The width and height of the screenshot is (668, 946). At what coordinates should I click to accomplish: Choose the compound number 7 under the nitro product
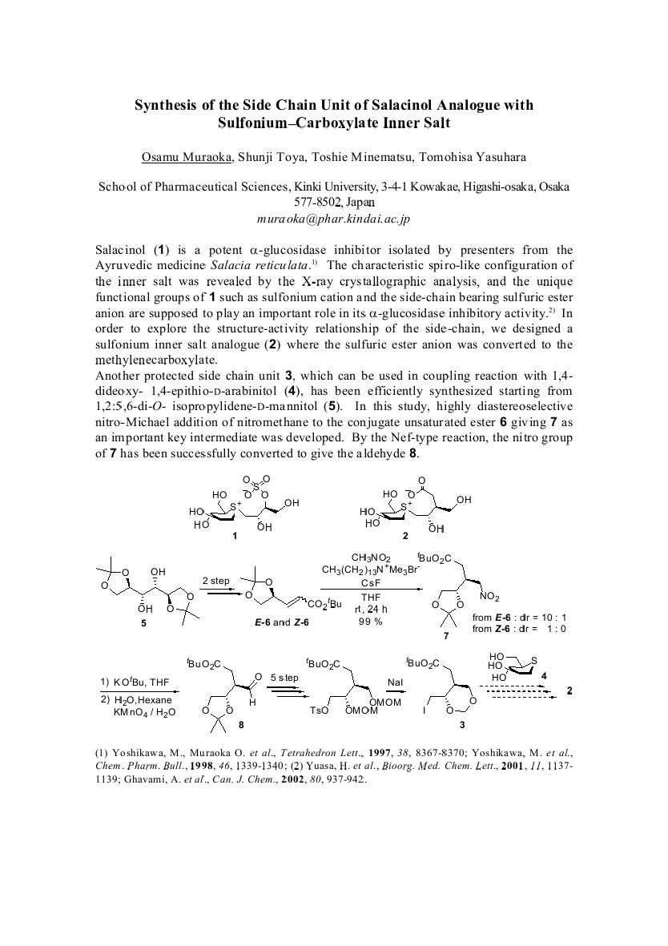[x=447, y=635]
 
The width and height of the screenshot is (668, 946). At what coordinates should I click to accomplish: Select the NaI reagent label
[x=395, y=682]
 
